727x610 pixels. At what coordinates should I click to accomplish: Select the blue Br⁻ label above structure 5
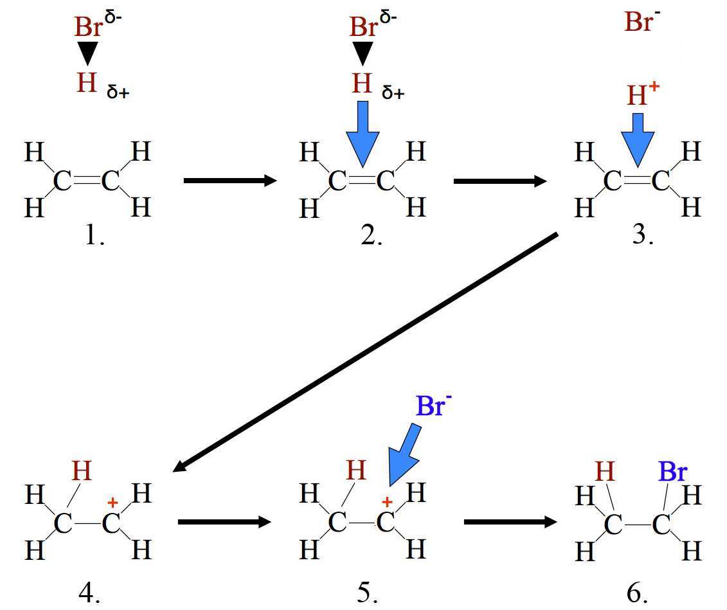pyautogui.click(x=429, y=406)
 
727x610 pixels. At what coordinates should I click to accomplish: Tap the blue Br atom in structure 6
pyautogui.click(x=672, y=473)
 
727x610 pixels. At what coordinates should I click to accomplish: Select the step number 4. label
pyautogui.click(x=89, y=593)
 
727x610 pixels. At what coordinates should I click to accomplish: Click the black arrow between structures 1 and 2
pyautogui.click(x=229, y=181)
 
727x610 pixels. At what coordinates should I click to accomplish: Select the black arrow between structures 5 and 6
pyautogui.click(x=510, y=522)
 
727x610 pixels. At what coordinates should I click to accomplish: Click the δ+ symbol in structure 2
pyautogui.click(x=393, y=93)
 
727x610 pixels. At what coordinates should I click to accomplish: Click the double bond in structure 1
pyautogui.click(x=87, y=182)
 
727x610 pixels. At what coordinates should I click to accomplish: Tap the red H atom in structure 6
pyautogui.click(x=606, y=473)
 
